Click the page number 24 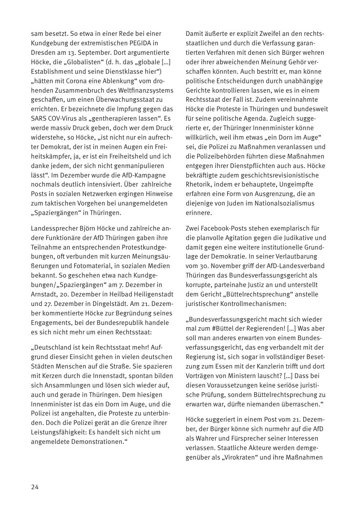coord(35,487)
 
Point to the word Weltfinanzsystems coord(147,90)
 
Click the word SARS coord(38,119)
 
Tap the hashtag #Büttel coord(223,329)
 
